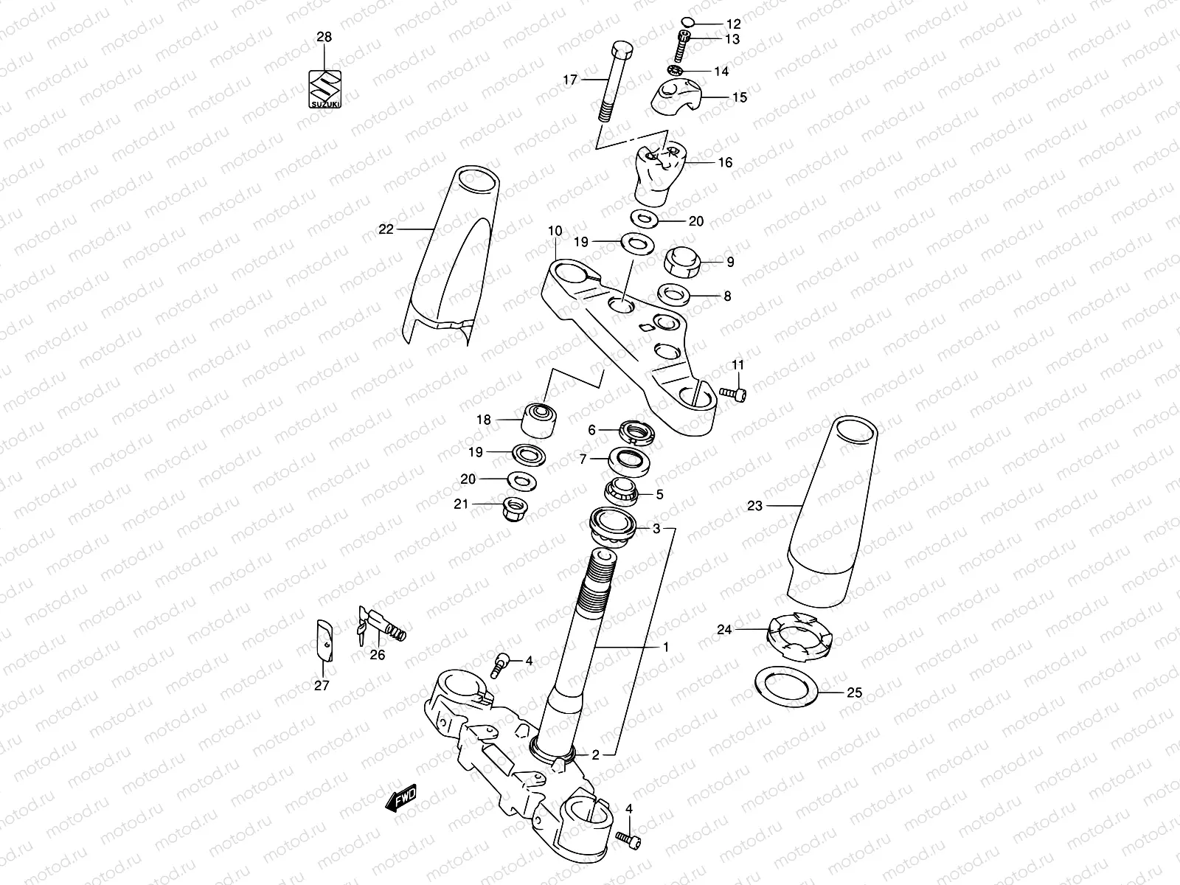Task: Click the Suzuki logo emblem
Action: tap(324, 89)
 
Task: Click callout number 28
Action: tap(324, 37)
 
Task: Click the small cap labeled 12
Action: tap(687, 22)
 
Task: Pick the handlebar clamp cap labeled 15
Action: tap(677, 97)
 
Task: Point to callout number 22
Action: tap(386, 229)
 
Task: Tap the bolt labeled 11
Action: tap(733, 395)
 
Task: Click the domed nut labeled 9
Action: tap(683, 262)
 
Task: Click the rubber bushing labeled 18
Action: tap(540, 420)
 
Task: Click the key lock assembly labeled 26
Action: tap(383, 625)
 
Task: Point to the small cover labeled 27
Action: tap(323, 639)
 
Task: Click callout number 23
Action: tap(754, 506)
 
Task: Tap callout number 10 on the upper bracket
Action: tap(555, 232)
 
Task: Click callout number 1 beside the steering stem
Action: tap(665, 647)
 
